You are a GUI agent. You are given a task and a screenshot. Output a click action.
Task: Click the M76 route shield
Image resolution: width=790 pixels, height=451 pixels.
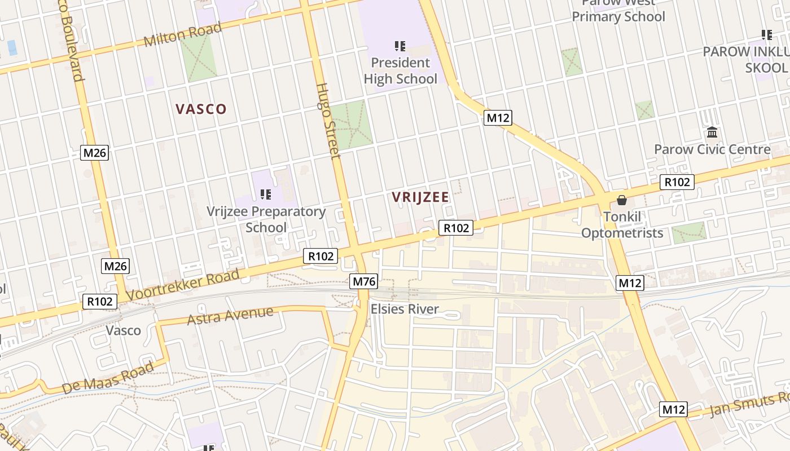364,281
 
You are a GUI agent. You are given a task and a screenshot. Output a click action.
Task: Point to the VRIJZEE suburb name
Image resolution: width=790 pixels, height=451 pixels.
420,197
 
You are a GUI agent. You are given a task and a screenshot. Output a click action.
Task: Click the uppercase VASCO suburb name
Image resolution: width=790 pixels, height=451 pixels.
201,109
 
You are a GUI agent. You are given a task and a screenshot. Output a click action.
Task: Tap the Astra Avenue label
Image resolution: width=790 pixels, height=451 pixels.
230,316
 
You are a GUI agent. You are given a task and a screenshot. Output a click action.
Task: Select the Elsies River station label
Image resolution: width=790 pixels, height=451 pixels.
404,309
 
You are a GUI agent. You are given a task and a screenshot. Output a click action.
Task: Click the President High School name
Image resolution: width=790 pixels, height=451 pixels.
400,70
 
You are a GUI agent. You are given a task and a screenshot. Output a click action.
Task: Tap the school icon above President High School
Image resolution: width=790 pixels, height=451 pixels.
400,46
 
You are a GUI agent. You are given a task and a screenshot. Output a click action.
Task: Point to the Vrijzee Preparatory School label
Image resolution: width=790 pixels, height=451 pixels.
266,219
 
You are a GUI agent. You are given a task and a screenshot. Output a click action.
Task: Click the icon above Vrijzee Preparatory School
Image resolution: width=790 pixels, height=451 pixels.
266,194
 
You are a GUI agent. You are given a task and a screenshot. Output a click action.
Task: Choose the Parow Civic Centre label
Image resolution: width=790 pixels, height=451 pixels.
712,149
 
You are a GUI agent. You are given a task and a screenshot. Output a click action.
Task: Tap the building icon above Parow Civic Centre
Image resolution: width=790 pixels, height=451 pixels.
712,133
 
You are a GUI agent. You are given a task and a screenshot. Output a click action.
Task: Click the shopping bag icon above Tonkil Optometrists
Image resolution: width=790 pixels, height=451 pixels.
622,200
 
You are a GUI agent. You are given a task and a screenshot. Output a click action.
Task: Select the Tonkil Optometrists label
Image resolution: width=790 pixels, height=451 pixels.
622,224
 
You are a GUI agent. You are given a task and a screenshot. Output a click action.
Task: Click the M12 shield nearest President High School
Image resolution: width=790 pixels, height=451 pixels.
498,118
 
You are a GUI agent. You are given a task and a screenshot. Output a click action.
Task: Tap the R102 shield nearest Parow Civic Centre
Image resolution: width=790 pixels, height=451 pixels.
677,182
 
